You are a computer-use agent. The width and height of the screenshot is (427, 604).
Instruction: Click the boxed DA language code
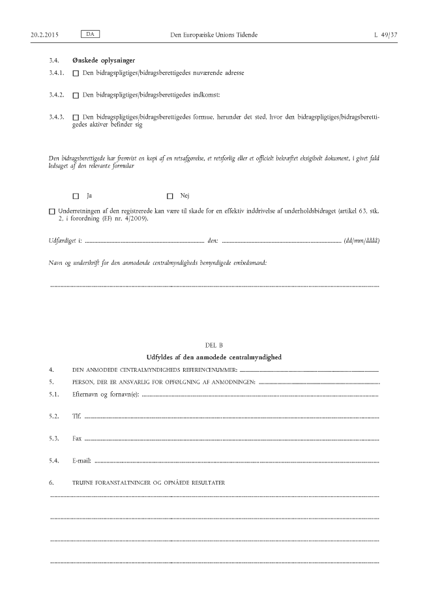(x=90, y=33)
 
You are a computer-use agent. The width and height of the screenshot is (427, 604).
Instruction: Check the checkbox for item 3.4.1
(x=76, y=74)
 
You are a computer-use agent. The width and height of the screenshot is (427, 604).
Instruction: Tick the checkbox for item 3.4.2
(x=76, y=95)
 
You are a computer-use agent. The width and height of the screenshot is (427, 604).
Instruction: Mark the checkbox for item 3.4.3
(x=76, y=117)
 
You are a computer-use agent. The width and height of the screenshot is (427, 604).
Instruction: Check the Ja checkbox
(x=76, y=196)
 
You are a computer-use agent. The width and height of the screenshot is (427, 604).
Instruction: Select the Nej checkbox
(x=170, y=196)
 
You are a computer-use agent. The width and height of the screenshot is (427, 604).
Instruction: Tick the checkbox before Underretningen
(x=52, y=211)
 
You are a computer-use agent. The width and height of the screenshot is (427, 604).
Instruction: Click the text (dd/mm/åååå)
(x=362, y=241)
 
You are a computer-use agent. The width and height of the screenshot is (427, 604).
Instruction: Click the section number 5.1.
(x=54, y=395)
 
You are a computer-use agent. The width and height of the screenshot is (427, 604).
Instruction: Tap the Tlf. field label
(x=76, y=415)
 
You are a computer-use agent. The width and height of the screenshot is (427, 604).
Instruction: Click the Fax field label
(x=77, y=438)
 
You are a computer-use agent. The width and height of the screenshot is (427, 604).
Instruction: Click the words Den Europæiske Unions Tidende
(x=213, y=33)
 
